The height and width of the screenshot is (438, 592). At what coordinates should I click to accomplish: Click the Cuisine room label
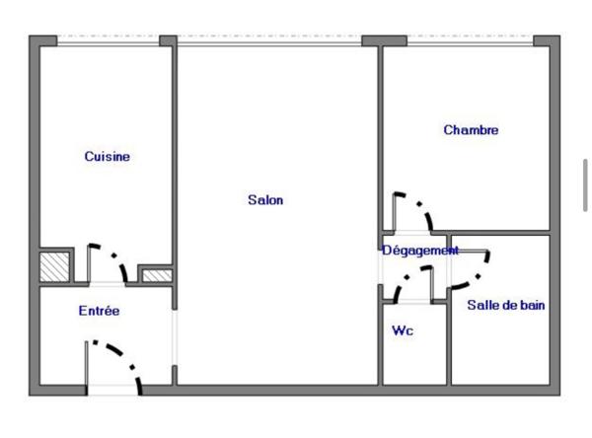(108, 156)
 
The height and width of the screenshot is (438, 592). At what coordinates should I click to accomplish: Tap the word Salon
(265, 199)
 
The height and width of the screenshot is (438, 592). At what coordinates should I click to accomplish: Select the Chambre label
(471, 130)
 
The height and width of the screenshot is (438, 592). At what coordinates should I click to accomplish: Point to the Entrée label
(99, 311)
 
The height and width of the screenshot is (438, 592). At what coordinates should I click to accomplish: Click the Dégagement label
(420, 250)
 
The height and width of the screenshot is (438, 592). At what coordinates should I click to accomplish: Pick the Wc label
(403, 330)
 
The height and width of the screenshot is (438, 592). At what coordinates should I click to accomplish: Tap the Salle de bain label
(506, 305)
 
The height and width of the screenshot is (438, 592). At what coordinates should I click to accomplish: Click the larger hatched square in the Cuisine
(54, 267)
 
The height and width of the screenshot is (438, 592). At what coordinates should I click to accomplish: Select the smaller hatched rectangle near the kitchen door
(157, 275)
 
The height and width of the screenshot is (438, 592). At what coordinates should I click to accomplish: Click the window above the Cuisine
(108, 40)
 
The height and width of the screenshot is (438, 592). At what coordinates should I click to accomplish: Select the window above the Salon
(269, 40)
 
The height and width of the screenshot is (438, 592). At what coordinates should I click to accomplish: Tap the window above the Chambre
(471, 40)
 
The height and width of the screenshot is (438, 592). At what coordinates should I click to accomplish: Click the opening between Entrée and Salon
(175, 337)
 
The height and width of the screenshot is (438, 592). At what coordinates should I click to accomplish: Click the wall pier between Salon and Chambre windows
(384, 40)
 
